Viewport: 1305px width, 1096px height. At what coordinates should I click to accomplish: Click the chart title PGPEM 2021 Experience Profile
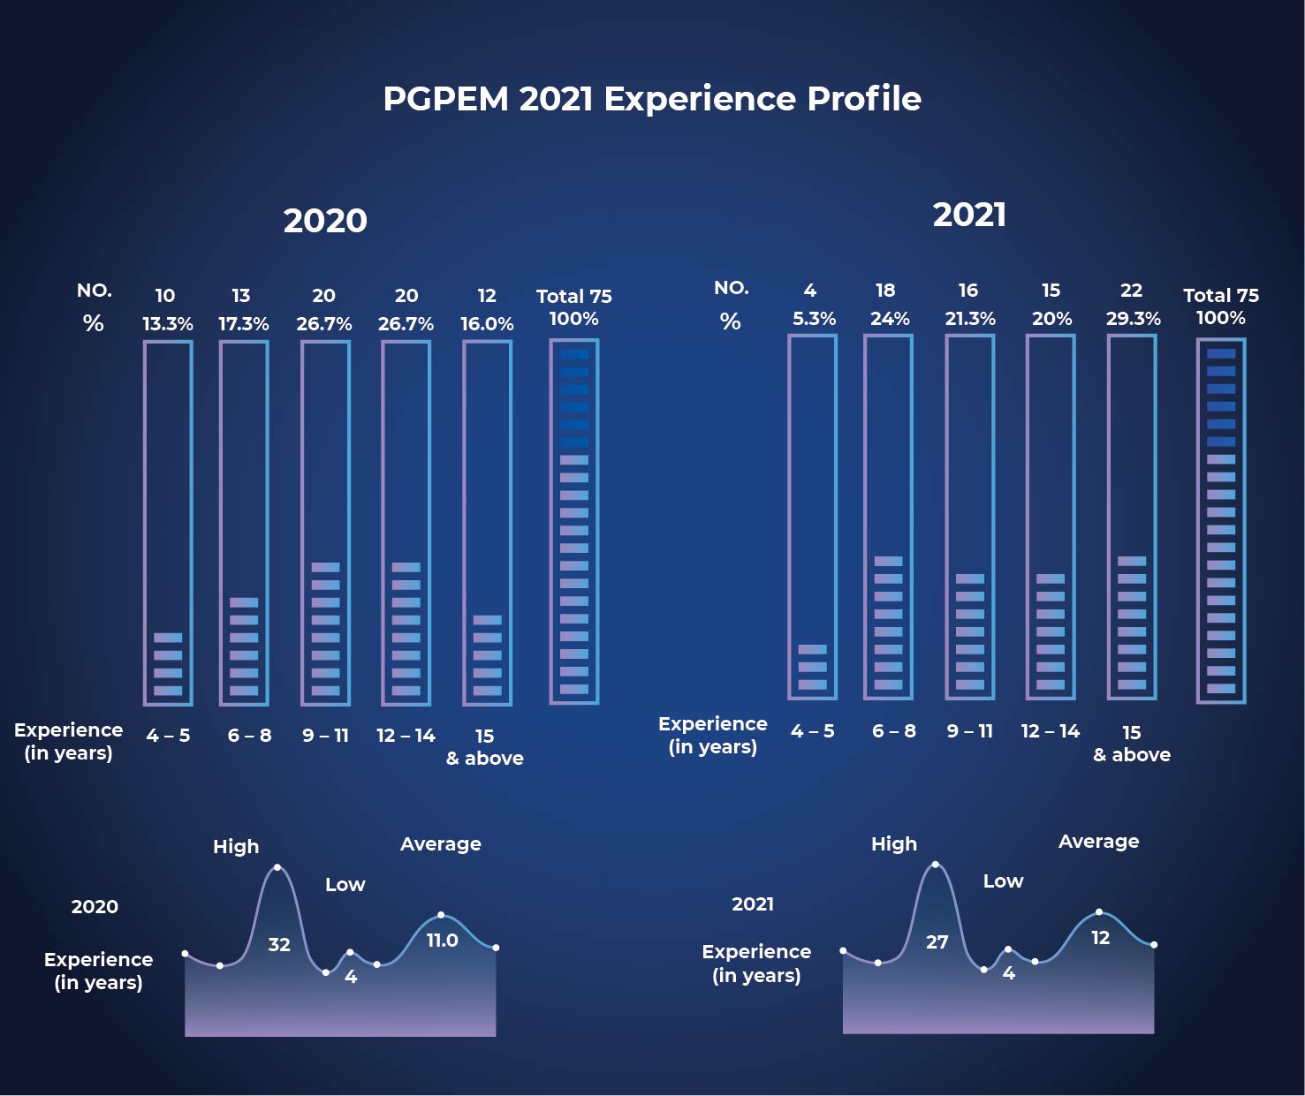click(x=652, y=99)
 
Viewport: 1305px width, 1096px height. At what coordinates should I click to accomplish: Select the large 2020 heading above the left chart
click(x=325, y=221)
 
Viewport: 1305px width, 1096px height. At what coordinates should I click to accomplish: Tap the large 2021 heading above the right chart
click(x=969, y=215)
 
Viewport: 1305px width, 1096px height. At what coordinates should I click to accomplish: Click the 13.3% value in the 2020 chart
click(x=168, y=324)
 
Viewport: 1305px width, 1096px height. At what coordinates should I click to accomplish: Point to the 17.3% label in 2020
click(x=244, y=324)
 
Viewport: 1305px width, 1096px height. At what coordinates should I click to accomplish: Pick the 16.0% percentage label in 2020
click(x=487, y=324)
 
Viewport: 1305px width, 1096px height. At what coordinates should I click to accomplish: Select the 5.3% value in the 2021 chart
click(x=814, y=319)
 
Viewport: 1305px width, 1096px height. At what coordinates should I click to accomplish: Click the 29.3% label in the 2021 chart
click(x=1133, y=319)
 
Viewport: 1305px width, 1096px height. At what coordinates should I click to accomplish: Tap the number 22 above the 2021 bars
click(x=1131, y=291)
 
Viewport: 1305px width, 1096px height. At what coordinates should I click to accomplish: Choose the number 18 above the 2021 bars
click(x=885, y=291)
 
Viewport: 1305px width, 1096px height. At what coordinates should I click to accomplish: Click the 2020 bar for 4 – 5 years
click(x=168, y=523)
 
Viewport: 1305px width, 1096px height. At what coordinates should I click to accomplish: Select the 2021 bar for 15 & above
click(x=1132, y=517)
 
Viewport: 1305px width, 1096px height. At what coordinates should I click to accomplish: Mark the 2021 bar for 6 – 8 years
click(x=888, y=517)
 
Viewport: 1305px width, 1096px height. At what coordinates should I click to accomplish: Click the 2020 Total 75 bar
click(x=574, y=521)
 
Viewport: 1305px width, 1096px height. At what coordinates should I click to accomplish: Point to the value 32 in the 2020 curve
click(x=279, y=945)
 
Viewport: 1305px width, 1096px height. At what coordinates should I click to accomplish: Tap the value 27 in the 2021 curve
click(x=937, y=942)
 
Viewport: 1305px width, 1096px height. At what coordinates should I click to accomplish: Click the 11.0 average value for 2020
click(x=442, y=941)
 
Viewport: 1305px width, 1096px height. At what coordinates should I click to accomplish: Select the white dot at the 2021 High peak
click(x=936, y=865)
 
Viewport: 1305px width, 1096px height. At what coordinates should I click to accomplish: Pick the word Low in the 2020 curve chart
click(x=345, y=885)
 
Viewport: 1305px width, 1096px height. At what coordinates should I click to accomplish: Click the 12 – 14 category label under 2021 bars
click(x=1050, y=731)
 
